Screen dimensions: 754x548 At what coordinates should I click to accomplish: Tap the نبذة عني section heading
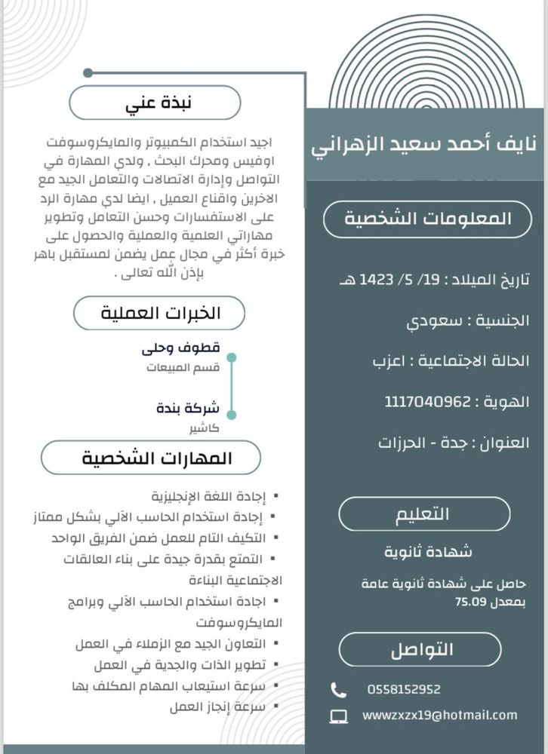point(155,103)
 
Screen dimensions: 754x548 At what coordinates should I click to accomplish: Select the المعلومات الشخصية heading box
point(427,219)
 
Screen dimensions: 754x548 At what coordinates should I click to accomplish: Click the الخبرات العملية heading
point(161,313)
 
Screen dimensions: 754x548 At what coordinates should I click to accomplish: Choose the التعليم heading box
point(423,514)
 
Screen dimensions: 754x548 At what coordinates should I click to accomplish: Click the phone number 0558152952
point(404,689)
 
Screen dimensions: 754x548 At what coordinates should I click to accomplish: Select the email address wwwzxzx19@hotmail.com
point(439,715)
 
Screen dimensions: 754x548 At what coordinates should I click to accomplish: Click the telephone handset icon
point(339,689)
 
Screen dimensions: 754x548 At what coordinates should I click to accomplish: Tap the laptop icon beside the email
point(340,716)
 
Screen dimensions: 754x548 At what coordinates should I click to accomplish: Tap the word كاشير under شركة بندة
point(205,428)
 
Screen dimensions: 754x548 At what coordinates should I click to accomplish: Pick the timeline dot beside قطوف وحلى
point(232,357)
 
